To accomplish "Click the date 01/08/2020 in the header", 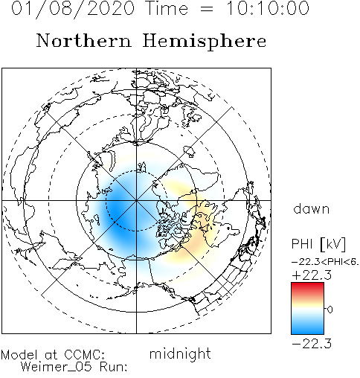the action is click(x=73, y=8).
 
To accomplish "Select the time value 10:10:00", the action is click(x=268, y=8).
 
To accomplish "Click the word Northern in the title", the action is click(x=84, y=41).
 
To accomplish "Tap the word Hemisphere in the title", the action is click(x=205, y=42).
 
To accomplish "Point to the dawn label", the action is click(x=312, y=209).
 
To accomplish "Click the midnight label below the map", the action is click(x=180, y=354).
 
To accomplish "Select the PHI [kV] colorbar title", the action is click(x=318, y=244).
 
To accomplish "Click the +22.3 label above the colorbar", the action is click(x=312, y=275).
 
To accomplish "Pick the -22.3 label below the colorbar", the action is click(x=312, y=344).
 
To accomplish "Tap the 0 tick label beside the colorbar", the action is click(x=330, y=310).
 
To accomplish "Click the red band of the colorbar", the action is click(x=307, y=288).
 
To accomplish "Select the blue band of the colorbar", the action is click(x=307, y=327).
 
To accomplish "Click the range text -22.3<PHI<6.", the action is click(x=325, y=262).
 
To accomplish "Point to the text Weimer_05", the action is click(x=57, y=367).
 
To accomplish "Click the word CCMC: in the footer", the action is click(x=85, y=355).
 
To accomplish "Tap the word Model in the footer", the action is click(x=19, y=355).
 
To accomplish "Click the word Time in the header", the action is click(x=167, y=8).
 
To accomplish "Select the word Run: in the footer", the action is click(x=114, y=367).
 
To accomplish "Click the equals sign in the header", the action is click(x=206, y=10).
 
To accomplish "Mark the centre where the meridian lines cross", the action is click(x=136, y=200).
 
